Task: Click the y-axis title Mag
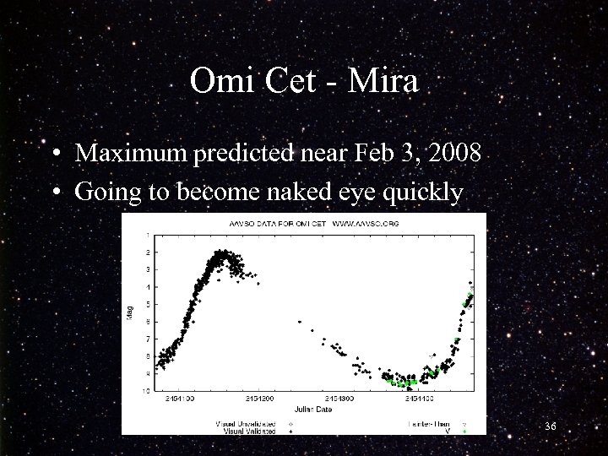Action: point(129,312)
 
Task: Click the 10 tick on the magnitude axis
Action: point(148,391)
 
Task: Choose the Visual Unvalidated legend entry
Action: point(247,423)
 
